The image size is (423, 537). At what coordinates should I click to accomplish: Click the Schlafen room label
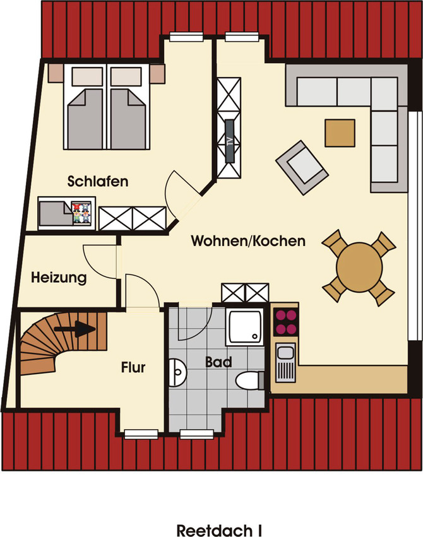pyautogui.click(x=98, y=182)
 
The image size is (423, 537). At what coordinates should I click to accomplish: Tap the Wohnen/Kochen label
pyautogui.click(x=248, y=241)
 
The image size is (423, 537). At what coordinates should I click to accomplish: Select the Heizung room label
pyautogui.click(x=59, y=277)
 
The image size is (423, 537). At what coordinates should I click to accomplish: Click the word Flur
pyautogui.click(x=133, y=367)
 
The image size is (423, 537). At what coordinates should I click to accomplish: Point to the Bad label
pyautogui.click(x=218, y=362)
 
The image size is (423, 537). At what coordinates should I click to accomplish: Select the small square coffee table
pyautogui.click(x=340, y=132)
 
